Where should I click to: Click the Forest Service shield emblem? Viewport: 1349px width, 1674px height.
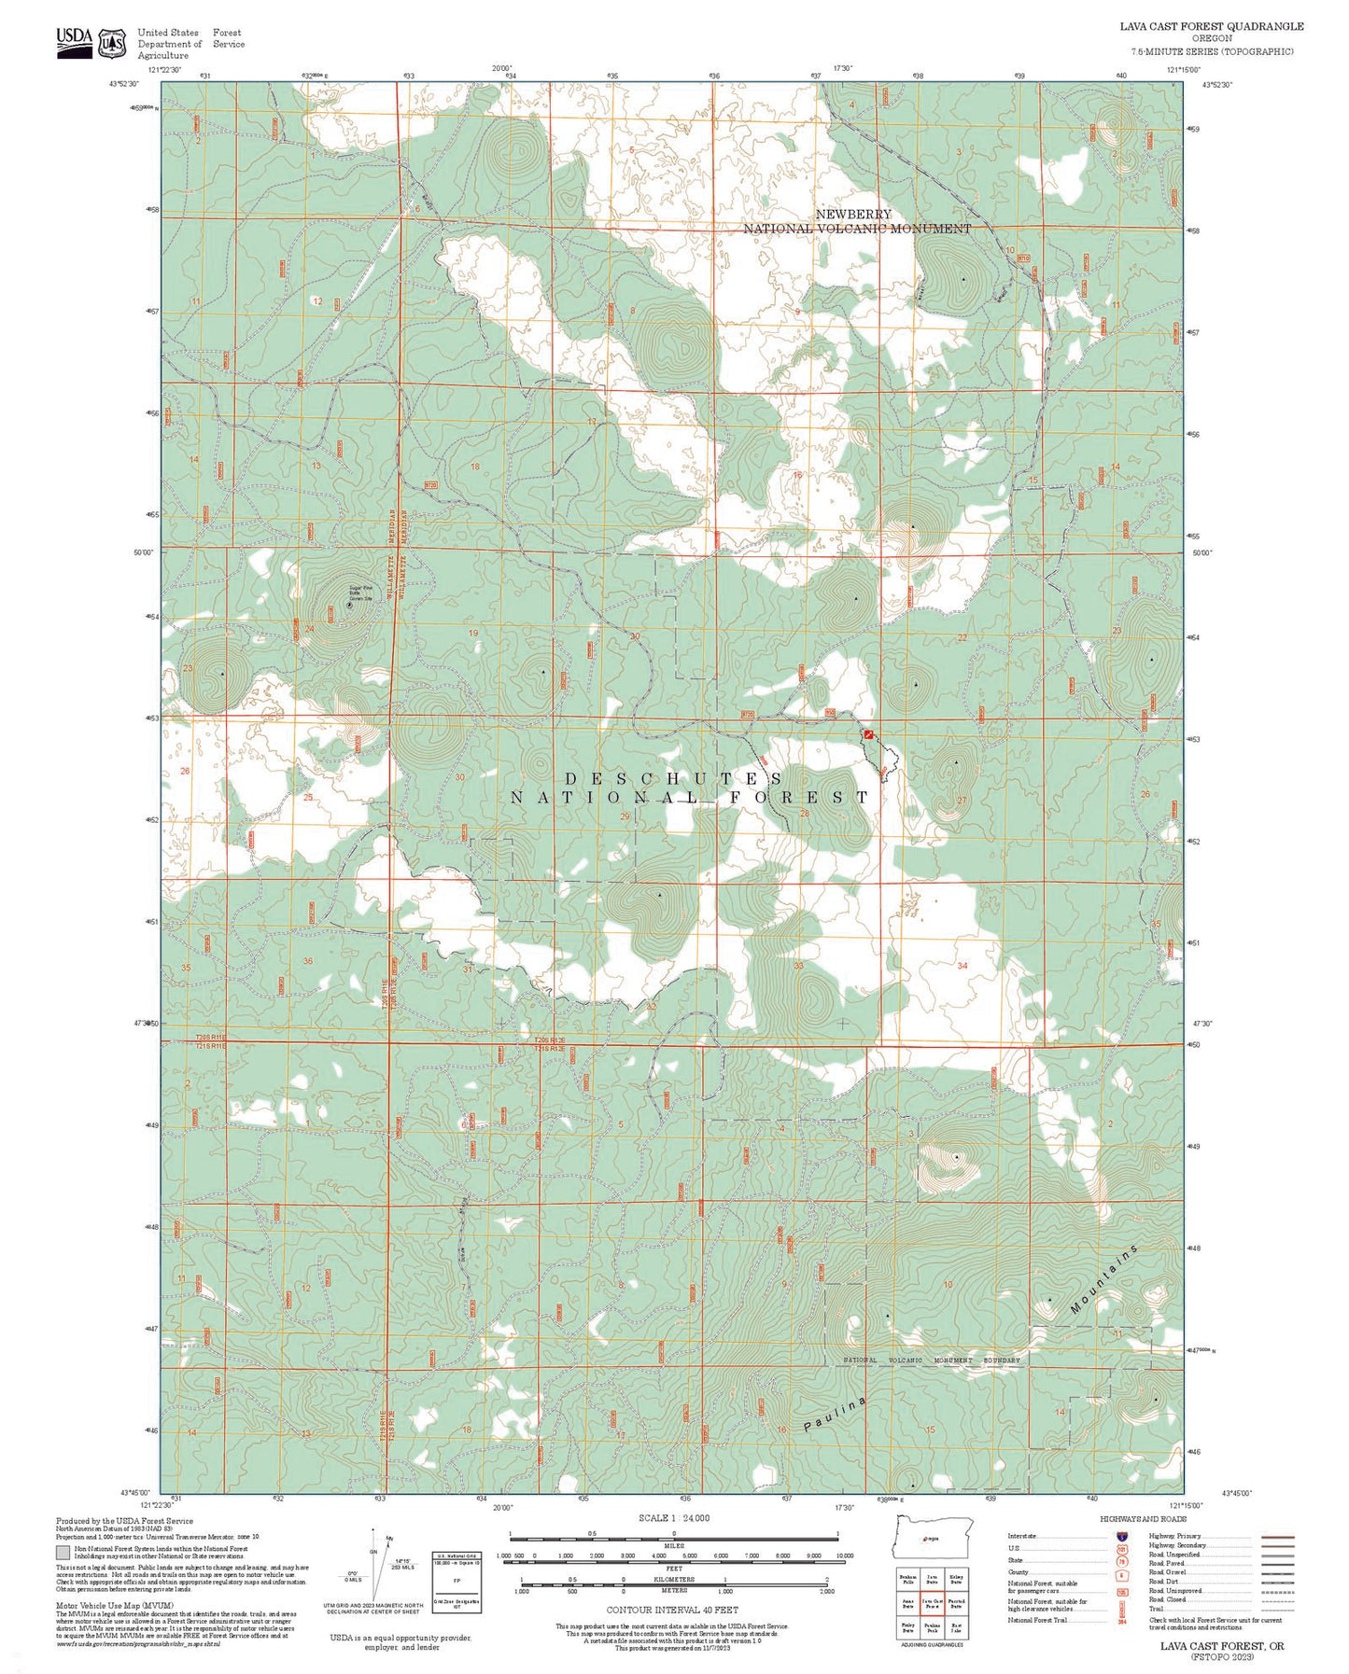[x=113, y=43]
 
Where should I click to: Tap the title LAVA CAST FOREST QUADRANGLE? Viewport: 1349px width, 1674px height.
[x=1211, y=26]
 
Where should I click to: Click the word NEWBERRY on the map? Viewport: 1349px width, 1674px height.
[x=853, y=215]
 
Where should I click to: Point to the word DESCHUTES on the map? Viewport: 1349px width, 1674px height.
[x=674, y=778]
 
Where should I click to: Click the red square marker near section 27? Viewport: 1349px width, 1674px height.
[x=869, y=735]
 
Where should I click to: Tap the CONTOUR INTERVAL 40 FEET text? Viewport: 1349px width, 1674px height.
[x=671, y=1610]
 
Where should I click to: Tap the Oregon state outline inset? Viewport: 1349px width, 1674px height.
[x=932, y=1537]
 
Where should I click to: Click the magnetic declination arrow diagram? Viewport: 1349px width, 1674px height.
[x=378, y=1565]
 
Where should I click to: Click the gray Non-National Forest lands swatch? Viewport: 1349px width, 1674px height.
[x=63, y=1554]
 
